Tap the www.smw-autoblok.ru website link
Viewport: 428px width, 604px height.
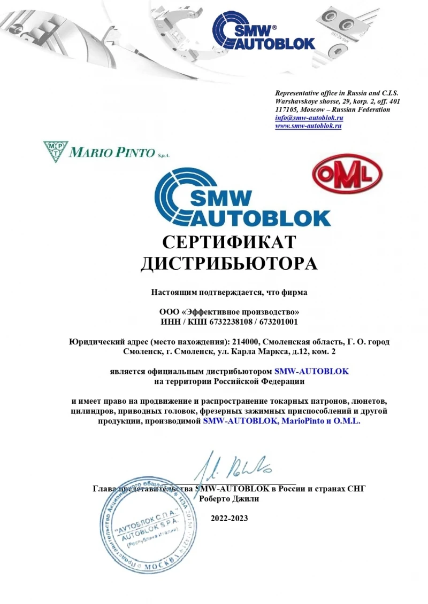tap(308, 126)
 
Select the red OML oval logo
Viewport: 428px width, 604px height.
tap(347, 177)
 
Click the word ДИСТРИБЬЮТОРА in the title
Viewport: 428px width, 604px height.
tap(228, 264)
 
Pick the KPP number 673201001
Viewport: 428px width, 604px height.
tap(280, 322)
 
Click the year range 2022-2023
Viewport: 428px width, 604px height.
tap(229, 518)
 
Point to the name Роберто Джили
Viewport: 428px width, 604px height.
tap(229, 499)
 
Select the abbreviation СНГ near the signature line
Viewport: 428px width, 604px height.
tap(355, 489)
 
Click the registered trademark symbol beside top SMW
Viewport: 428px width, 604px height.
tap(274, 26)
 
